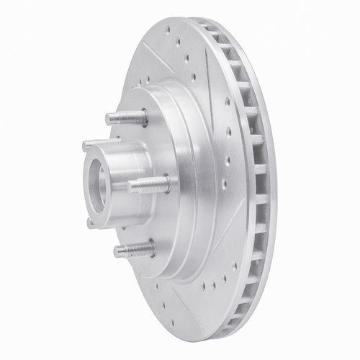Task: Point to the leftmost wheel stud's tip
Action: click(86, 145)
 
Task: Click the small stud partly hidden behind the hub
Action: click(91, 223)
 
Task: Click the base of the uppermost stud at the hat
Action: click(143, 119)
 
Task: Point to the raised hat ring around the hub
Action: click(184, 180)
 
